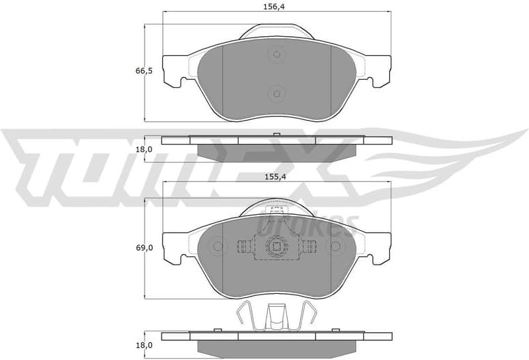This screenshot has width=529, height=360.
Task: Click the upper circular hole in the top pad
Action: (x=276, y=55)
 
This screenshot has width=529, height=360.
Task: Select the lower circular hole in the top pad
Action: (x=276, y=93)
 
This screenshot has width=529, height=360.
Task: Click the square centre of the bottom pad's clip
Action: (x=276, y=247)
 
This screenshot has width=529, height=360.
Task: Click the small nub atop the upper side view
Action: (x=276, y=134)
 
